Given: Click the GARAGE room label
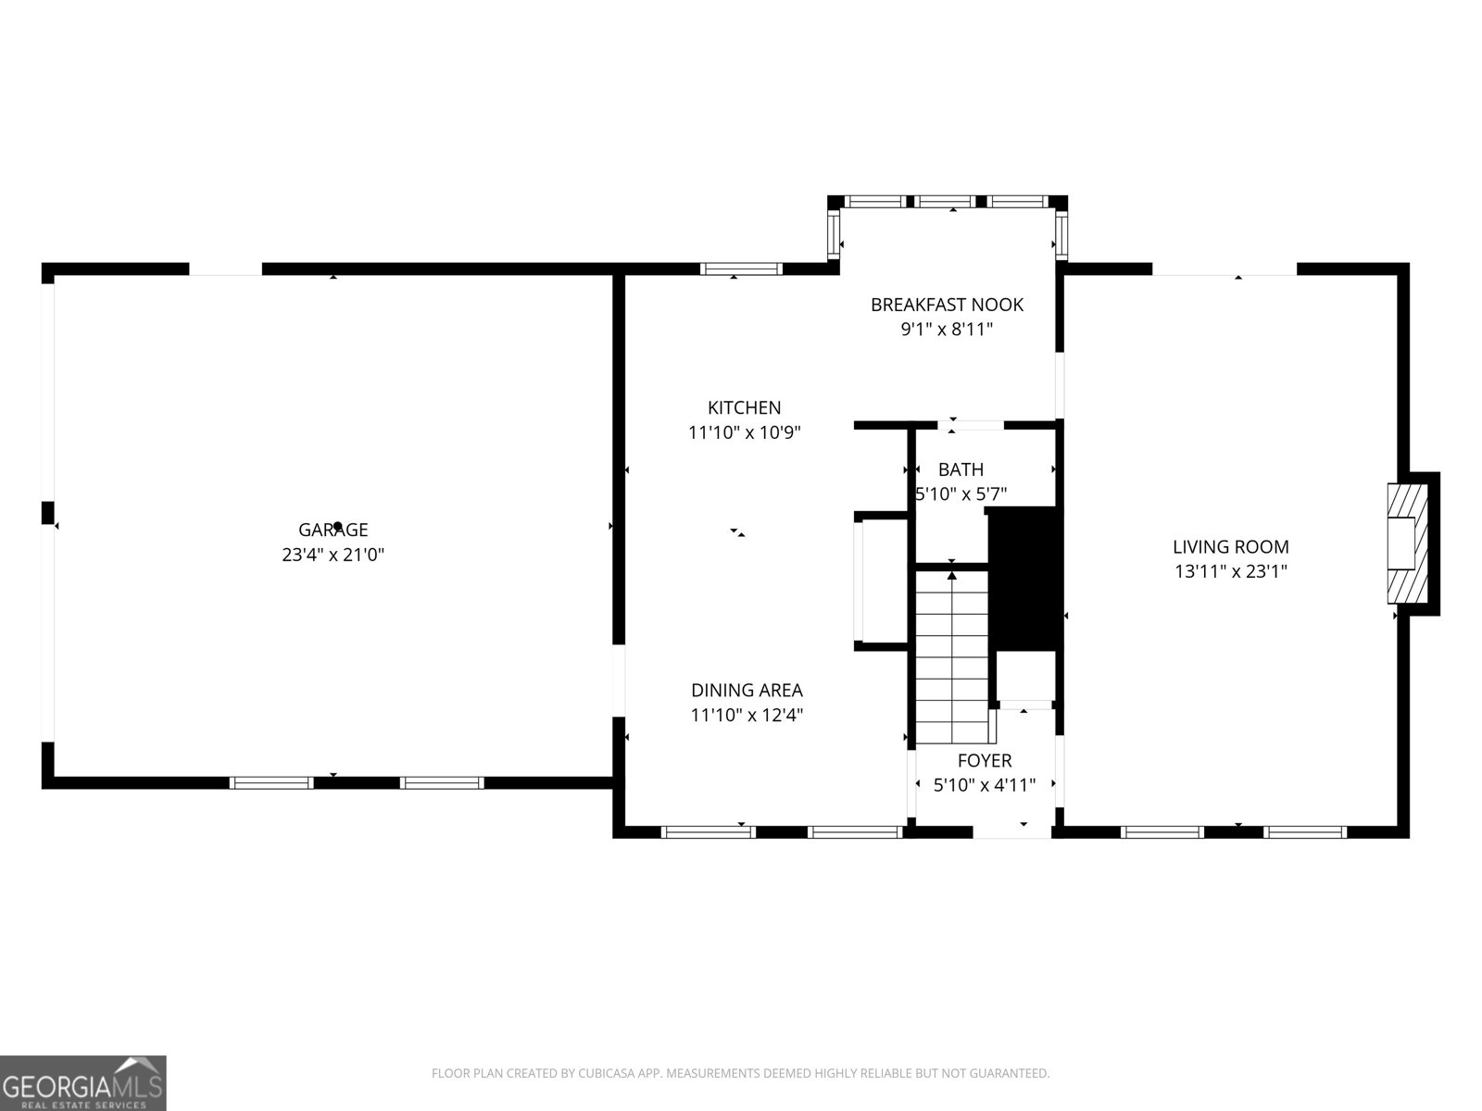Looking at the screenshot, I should [333, 530].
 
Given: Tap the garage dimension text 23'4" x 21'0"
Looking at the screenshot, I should [333, 555].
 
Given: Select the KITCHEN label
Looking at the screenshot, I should [744, 407].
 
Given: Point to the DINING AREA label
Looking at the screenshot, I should [747, 690].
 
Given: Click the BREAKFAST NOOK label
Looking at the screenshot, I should [947, 305].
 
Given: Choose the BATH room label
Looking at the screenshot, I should [961, 469].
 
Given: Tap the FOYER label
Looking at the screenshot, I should [984, 760].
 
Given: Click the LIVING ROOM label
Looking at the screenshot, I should [1230, 547].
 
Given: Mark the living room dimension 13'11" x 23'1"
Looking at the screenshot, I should [1230, 572].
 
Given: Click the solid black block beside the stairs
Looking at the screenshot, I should [1024, 579].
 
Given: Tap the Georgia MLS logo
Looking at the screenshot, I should [82, 1082].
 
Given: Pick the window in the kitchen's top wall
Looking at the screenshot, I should [741, 269].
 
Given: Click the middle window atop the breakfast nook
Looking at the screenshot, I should [946, 201].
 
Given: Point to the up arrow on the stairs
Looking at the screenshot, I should [951, 577].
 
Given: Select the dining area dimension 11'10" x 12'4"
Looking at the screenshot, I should [747, 715].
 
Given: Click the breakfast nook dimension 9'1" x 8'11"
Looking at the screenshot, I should [947, 330].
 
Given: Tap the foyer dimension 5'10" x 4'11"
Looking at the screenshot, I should [984, 785].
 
